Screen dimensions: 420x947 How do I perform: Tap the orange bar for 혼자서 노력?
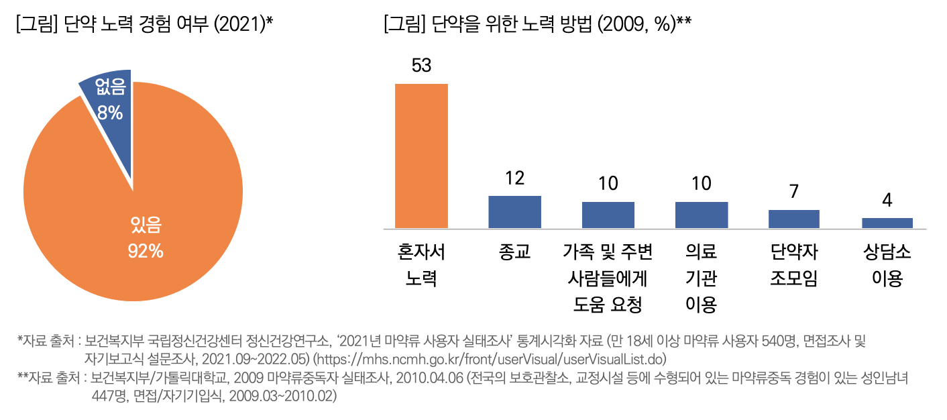[421, 156]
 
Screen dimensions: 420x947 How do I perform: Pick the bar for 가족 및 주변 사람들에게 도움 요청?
[608, 215]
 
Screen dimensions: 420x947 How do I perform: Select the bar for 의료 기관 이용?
[701, 215]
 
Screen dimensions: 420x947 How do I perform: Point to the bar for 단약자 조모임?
[793, 219]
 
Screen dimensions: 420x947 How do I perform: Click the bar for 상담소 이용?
[887, 223]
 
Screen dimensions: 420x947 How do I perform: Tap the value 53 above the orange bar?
[421, 66]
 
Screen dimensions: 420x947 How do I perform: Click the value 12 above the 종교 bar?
[514, 178]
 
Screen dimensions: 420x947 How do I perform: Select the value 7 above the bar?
[793, 192]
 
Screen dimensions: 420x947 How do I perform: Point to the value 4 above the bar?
[887, 200]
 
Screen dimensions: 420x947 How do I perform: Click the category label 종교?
[514, 252]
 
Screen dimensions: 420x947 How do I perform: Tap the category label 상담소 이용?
[887, 265]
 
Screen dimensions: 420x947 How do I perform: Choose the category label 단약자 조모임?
[793, 265]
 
